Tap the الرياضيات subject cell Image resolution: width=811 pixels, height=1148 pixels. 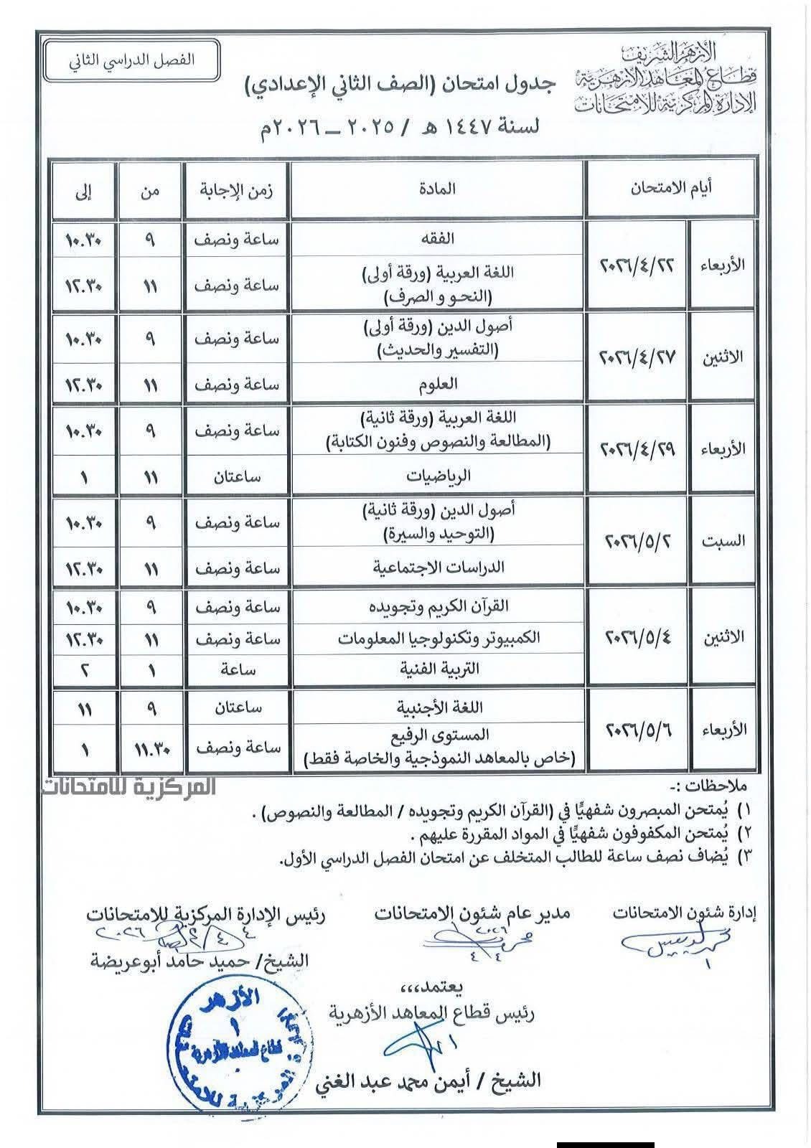pos(438,476)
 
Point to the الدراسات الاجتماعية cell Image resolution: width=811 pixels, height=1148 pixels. pos(439,567)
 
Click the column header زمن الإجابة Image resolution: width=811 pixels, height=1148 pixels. pos(238,189)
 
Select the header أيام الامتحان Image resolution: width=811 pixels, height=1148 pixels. pos(671,189)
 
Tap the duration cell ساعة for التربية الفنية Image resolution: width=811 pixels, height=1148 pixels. pos(238,669)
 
